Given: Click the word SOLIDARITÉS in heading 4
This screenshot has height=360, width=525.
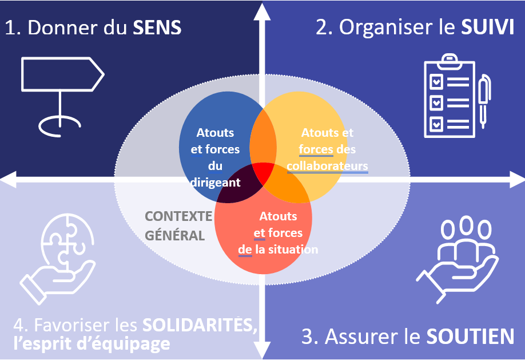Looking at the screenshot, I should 198,326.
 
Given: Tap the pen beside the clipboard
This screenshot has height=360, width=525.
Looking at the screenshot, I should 484,101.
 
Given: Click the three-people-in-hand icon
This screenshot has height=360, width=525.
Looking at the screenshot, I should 457,258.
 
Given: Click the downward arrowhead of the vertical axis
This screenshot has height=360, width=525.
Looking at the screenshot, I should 262,350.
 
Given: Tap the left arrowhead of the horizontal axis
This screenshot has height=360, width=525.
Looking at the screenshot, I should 8,180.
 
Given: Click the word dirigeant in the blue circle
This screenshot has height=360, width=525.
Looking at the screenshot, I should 215,183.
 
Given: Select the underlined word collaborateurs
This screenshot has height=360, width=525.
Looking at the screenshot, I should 327,166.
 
